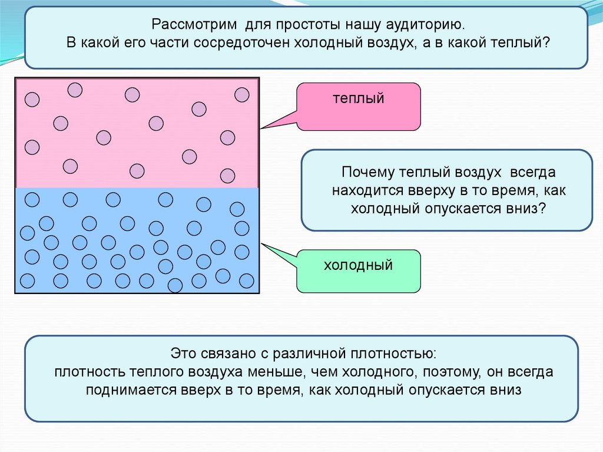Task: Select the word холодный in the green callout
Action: point(358,265)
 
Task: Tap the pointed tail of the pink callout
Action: point(263,127)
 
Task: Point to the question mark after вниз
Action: point(542,210)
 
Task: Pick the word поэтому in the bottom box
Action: point(453,372)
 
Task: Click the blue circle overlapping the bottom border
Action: point(175,286)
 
